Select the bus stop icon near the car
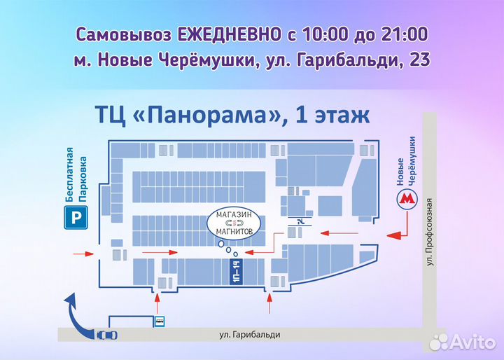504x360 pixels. (x=160, y=322)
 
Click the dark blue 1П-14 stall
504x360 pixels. (x=235, y=270)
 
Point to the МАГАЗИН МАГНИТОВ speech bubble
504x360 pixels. (x=234, y=222)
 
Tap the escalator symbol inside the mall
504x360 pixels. (x=300, y=222)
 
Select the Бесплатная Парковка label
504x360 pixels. (x=75, y=175)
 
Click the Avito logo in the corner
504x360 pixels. (x=463, y=341)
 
